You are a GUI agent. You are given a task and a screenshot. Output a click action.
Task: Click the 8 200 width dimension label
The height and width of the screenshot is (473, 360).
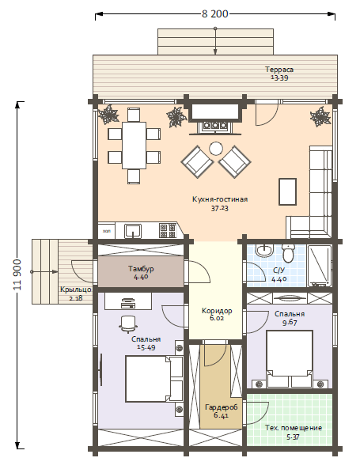215,14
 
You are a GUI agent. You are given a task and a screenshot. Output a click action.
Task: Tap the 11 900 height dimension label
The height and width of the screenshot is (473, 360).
17,274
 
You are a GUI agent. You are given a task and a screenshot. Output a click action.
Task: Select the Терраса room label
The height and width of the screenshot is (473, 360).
279,70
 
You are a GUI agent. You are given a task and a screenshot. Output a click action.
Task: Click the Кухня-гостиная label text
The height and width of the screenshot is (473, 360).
220,199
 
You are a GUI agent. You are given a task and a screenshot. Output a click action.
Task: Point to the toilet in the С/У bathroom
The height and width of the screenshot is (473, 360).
289,252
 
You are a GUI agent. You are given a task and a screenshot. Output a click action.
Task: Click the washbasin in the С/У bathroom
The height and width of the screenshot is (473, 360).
264,251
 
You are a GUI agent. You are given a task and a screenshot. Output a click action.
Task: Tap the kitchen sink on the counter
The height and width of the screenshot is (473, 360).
133,231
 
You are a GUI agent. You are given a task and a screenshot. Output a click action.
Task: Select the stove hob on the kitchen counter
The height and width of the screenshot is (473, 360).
168,231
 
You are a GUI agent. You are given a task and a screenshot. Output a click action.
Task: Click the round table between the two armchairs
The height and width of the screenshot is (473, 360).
216,149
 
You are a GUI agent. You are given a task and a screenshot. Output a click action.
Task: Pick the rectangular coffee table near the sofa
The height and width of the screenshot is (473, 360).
287,191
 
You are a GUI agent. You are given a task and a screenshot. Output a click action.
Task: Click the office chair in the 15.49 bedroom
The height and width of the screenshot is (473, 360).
128,324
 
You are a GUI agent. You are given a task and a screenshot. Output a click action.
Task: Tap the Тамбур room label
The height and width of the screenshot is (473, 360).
141,268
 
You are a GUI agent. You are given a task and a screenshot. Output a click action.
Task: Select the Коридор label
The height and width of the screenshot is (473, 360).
217,311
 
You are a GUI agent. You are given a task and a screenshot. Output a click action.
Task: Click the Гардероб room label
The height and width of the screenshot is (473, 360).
222,407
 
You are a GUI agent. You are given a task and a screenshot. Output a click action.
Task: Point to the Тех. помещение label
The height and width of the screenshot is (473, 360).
294,428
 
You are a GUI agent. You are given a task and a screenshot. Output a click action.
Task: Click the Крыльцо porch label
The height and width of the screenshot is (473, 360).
76,289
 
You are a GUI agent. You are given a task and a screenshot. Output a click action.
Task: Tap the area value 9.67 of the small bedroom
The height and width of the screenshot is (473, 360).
290,323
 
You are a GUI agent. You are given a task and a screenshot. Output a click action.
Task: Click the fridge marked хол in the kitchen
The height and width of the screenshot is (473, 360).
106,231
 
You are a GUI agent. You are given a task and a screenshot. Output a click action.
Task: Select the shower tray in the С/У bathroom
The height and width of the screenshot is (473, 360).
320,266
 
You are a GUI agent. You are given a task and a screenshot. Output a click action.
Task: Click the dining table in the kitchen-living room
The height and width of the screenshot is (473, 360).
134,146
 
